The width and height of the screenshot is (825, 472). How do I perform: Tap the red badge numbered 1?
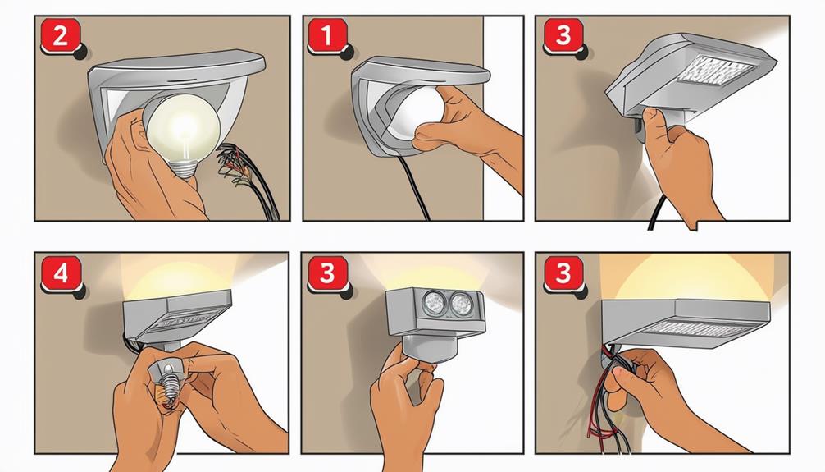(x=325, y=36)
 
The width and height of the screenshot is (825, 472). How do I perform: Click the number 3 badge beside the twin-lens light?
(x=326, y=273)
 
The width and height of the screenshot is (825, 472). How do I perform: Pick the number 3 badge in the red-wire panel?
(x=562, y=273)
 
